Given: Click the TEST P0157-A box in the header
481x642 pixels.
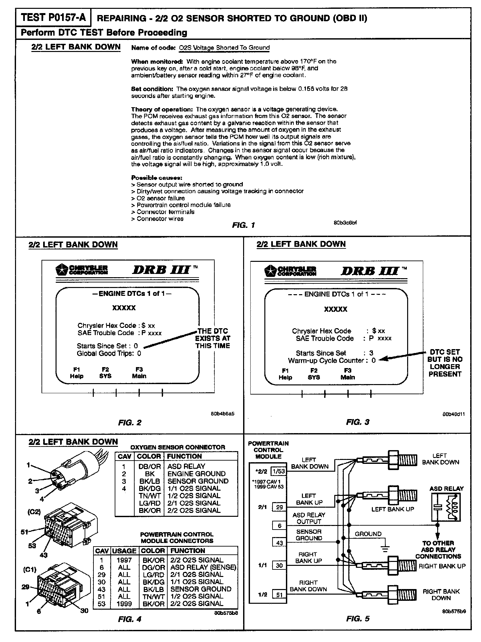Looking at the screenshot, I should point(53,18).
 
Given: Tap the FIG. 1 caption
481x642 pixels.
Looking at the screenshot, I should point(243,225).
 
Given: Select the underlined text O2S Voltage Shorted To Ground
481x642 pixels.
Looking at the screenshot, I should point(224,48).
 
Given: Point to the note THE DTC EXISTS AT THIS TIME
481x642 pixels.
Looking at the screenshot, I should point(213,338).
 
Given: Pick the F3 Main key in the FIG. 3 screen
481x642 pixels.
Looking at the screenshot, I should point(348,374).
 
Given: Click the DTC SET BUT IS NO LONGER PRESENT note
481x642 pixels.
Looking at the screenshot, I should point(445,363).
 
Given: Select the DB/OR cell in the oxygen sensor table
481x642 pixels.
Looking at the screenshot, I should point(149,466).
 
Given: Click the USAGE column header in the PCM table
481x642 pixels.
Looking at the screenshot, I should point(124,551).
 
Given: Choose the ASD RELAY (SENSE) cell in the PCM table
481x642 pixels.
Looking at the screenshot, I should point(203,567).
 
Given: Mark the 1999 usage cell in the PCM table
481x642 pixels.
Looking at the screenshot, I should point(124,604).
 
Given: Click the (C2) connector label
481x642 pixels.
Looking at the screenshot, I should point(34,512).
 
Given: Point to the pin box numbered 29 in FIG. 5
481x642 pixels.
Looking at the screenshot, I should point(279,507).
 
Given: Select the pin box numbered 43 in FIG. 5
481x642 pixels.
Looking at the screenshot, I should point(279,543).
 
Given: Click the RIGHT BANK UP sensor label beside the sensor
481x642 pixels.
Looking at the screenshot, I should point(442,566).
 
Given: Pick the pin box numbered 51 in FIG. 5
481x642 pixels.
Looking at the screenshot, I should point(279,595).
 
